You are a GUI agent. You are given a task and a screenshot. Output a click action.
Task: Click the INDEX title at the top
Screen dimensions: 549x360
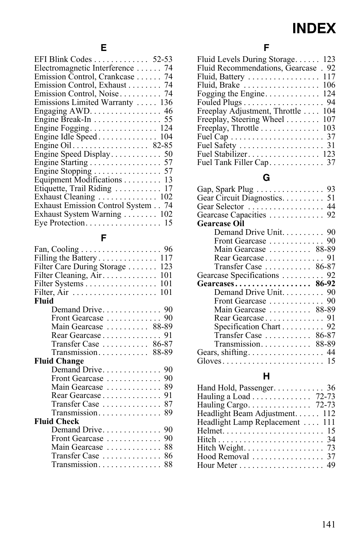(314, 29)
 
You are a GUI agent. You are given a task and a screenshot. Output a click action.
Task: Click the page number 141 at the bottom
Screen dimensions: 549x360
(328, 524)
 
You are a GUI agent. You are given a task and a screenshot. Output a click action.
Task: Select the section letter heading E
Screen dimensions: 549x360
(103, 48)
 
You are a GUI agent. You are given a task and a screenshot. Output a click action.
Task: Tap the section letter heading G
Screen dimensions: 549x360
(266, 178)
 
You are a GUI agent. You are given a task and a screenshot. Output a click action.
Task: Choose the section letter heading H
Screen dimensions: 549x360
(266, 376)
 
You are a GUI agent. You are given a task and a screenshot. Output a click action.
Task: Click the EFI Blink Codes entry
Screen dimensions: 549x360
(63, 59)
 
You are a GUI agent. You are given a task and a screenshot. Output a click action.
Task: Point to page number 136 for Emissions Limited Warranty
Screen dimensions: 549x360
(166, 102)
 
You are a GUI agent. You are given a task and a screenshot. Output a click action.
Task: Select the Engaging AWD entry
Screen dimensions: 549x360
(62, 111)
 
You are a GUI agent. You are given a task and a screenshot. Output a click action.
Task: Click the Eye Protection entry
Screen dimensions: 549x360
(60, 223)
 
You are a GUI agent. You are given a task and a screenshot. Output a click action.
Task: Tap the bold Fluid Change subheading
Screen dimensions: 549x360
(59, 361)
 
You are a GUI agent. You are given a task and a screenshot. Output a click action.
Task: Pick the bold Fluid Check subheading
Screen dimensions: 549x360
(57, 421)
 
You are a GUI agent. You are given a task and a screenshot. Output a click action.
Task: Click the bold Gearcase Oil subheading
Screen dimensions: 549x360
(220, 224)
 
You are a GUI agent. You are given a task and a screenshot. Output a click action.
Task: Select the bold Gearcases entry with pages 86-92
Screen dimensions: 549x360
(215, 284)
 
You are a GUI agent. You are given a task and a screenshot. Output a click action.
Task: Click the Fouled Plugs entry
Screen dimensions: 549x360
(219, 102)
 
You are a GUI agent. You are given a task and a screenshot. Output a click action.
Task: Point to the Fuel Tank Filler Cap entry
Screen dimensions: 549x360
(232, 162)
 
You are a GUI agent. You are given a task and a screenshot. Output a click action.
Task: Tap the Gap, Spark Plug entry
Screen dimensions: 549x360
(225, 189)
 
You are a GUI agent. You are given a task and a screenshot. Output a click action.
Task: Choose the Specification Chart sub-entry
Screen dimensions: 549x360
(247, 327)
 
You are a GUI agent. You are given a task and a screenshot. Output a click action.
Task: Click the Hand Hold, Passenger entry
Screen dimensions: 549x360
(235, 388)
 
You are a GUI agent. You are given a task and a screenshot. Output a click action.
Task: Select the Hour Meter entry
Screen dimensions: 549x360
(217, 465)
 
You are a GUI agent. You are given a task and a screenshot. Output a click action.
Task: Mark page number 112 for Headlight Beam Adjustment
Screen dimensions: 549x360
(329, 413)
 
